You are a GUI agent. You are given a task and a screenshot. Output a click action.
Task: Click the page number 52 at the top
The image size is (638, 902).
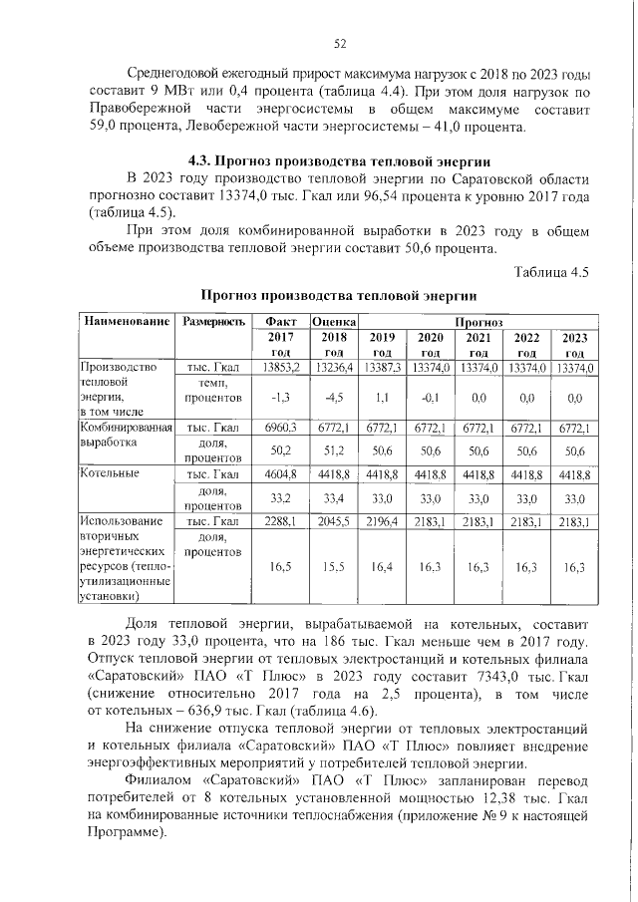[339, 43]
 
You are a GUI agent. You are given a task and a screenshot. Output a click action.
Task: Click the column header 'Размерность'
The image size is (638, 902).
[209, 322]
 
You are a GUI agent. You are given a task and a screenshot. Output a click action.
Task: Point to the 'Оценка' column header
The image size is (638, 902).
[334, 322]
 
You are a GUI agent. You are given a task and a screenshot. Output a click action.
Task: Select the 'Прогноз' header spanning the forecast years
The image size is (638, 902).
[478, 322]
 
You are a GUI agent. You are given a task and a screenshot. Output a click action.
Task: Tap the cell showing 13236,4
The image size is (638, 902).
[334, 368]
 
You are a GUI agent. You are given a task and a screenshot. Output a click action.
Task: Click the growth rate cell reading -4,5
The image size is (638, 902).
[334, 397]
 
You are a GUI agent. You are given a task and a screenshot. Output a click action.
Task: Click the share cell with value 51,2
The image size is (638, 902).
[334, 451]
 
